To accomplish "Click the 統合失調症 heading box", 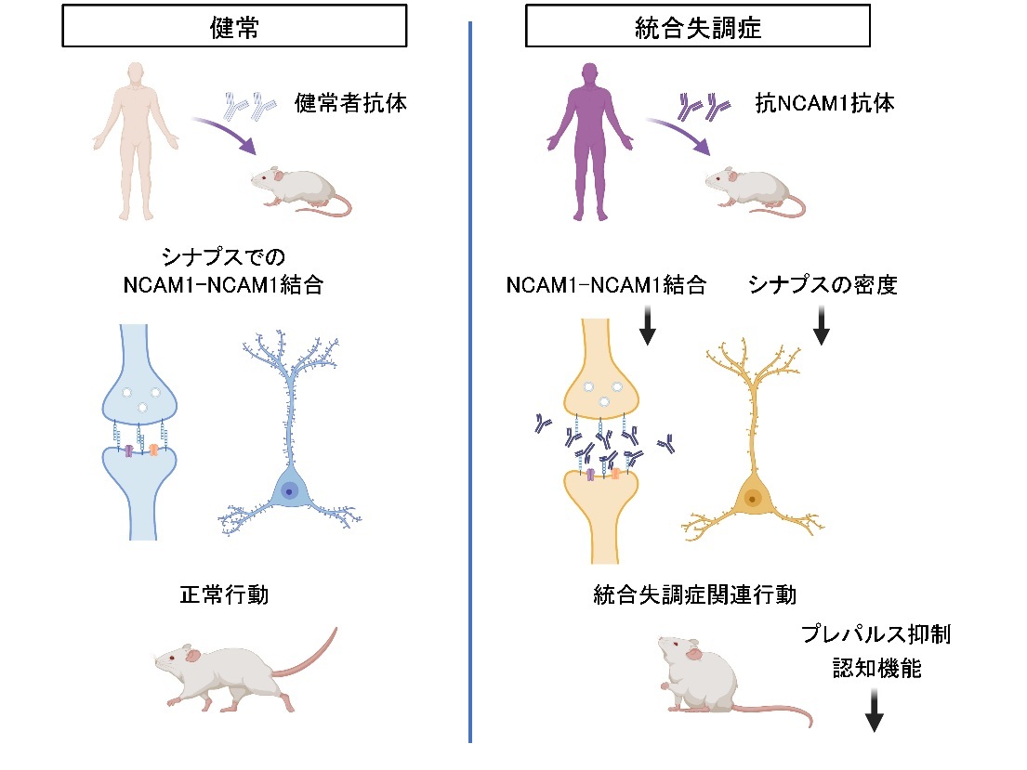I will (697, 28).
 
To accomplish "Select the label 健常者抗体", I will (350, 102).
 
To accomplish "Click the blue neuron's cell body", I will (290, 489).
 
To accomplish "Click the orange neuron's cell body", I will (750, 500).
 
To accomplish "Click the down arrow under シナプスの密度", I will (822, 326).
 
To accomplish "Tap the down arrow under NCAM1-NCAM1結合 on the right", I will (648, 326).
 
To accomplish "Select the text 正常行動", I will (224, 594).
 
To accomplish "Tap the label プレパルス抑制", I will (876, 636).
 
